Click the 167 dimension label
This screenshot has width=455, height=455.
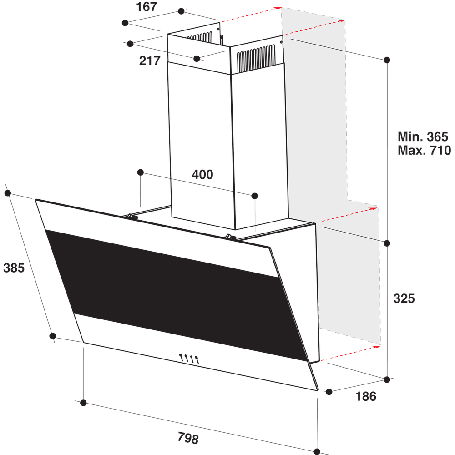pyautogui.click(x=147, y=7)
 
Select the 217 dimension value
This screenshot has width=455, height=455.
pyautogui.click(x=150, y=60)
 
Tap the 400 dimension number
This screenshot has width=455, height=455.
pyautogui.click(x=202, y=174)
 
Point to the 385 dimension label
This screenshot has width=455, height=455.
pyautogui.click(x=14, y=268)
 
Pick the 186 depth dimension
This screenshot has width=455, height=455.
pyautogui.click(x=366, y=396)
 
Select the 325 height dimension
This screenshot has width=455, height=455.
pyautogui.click(x=404, y=298)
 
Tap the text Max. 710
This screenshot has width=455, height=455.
pyautogui.click(x=424, y=150)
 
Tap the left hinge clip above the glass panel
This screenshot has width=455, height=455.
pyautogui.click(x=131, y=217)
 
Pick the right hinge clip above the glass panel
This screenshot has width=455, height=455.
pyautogui.click(x=230, y=237)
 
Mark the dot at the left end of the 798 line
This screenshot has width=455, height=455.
pyautogui.click(x=83, y=403)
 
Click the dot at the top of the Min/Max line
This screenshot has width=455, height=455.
pyautogui.click(x=387, y=60)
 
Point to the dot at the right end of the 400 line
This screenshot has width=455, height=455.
pyautogui.click(x=254, y=196)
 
